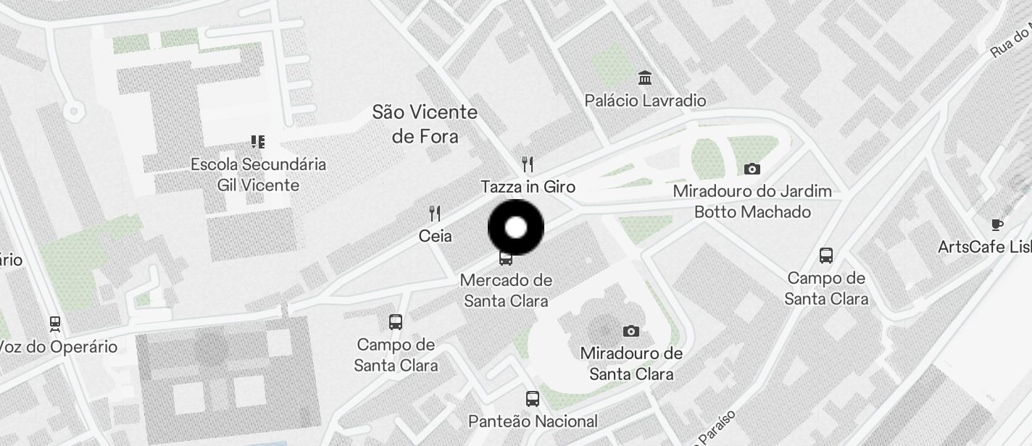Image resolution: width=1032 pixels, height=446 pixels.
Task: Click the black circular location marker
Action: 515,228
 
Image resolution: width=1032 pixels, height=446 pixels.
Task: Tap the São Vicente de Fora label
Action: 425,124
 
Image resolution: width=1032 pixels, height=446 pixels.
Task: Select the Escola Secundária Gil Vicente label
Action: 258,174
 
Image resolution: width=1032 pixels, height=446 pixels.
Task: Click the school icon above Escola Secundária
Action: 258,141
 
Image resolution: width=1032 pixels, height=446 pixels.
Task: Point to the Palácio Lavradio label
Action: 645,101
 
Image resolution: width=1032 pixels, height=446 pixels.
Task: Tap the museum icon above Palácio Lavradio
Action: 644,77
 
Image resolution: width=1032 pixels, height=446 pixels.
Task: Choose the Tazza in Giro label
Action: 528,187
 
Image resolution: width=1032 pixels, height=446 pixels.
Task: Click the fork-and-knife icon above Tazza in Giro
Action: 528,164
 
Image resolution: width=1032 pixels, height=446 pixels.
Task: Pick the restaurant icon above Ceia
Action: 435,214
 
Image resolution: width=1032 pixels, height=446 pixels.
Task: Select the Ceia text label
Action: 435,236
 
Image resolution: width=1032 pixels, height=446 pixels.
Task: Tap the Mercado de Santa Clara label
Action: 506,290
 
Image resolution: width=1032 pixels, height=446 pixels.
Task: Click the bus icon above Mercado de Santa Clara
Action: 506,258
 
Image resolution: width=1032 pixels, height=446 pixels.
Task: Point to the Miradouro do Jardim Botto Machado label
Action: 752,202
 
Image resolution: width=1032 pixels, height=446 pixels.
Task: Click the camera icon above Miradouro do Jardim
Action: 752,169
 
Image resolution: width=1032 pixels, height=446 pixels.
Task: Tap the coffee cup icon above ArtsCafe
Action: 997,224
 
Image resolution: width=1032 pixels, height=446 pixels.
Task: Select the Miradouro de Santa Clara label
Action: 631,363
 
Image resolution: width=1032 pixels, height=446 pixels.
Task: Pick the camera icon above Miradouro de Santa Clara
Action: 631,332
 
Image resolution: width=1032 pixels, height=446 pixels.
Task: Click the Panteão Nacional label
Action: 533,421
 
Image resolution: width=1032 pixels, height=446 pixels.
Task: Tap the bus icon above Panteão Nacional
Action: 533,398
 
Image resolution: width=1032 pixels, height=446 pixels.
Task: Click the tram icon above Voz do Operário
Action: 55,323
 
